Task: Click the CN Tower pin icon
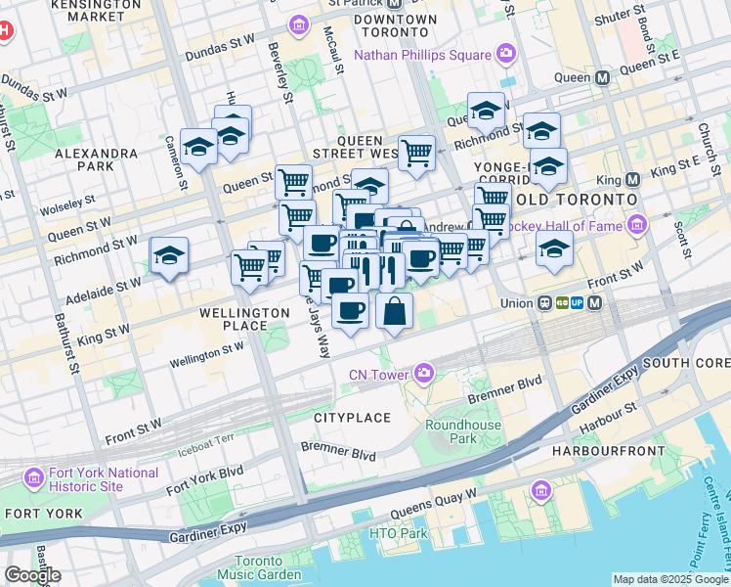[x=424, y=373]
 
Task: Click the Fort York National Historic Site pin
[x=34, y=478]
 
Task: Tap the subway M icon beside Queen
[x=602, y=77]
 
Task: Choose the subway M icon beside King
[x=633, y=180]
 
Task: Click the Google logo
[x=33, y=574]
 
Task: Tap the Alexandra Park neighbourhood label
[x=96, y=160]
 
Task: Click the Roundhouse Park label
[x=463, y=431]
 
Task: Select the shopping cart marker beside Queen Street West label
[x=417, y=152]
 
